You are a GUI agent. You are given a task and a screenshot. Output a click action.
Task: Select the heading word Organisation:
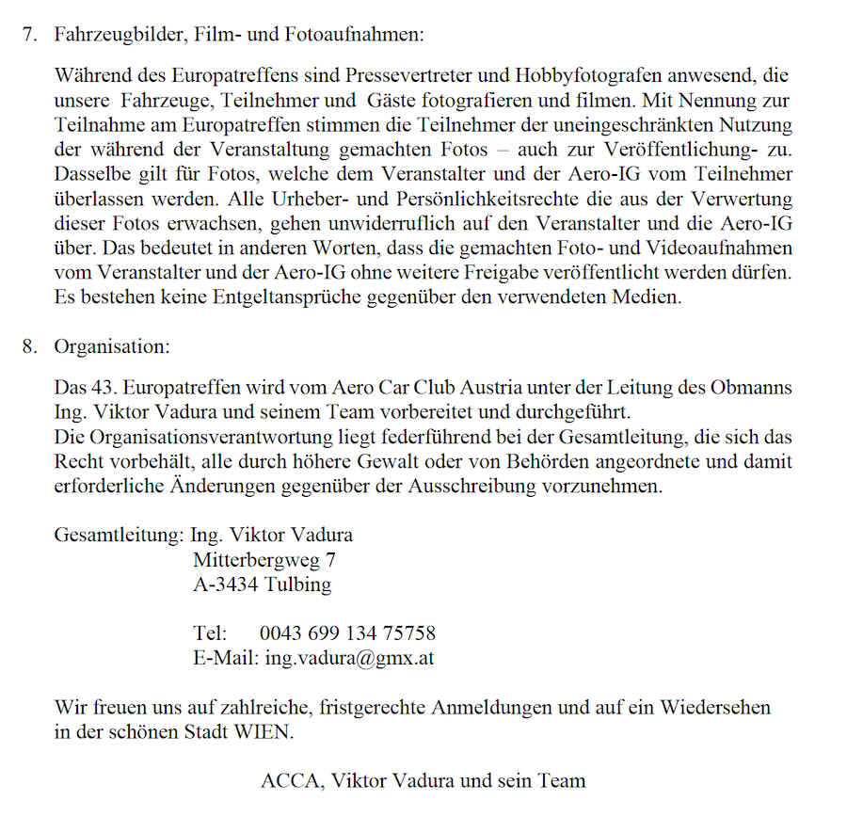(x=112, y=345)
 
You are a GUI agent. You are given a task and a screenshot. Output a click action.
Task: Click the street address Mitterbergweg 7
(x=264, y=560)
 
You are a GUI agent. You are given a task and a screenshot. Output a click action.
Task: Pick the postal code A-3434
(x=226, y=585)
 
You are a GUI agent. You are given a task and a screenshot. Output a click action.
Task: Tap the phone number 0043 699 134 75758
(x=347, y=633)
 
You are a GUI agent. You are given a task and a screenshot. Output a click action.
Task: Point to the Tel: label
(x=211, y=633)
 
